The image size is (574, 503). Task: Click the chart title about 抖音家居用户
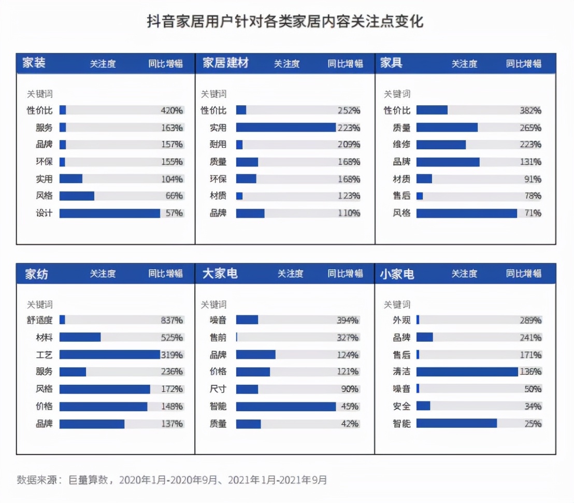285,22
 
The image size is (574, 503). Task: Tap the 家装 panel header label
34,63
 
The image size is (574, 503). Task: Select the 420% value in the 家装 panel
171,110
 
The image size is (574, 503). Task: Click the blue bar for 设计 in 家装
110,213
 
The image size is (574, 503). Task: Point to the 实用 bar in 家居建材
286,128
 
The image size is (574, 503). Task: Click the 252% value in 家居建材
349,110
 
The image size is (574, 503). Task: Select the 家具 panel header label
391,63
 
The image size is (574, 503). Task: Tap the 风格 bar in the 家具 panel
466,213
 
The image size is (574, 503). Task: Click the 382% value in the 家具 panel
530,110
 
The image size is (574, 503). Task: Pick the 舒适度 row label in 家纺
39,320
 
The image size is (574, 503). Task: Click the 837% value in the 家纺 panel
171,320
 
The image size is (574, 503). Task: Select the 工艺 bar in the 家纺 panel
110,355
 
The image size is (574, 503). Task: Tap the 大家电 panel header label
220,274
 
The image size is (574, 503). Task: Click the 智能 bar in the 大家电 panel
286,406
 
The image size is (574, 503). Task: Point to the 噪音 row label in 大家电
218,320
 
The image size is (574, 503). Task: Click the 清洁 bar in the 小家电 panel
467,372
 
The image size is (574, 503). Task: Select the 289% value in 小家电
530,320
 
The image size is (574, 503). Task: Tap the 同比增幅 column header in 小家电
524,274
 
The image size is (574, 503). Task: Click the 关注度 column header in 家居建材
287,64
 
